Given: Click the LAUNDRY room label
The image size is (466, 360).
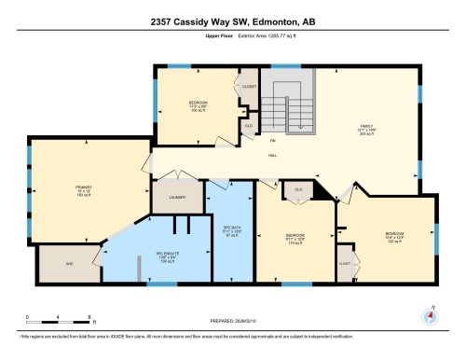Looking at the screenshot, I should pos(178,197).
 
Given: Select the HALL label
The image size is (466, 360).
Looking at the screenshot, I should pos(272,156).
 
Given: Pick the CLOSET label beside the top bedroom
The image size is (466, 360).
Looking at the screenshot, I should pos(249,87).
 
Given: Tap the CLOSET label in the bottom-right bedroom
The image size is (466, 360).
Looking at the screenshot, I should pos(345,264).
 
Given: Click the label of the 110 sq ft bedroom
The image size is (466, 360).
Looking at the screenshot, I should pos(295,234).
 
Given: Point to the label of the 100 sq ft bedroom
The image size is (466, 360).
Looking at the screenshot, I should pos(199,102).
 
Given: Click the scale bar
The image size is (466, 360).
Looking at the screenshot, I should pos(58,316).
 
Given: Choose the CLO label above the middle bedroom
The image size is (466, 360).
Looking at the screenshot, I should pos(298,189).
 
